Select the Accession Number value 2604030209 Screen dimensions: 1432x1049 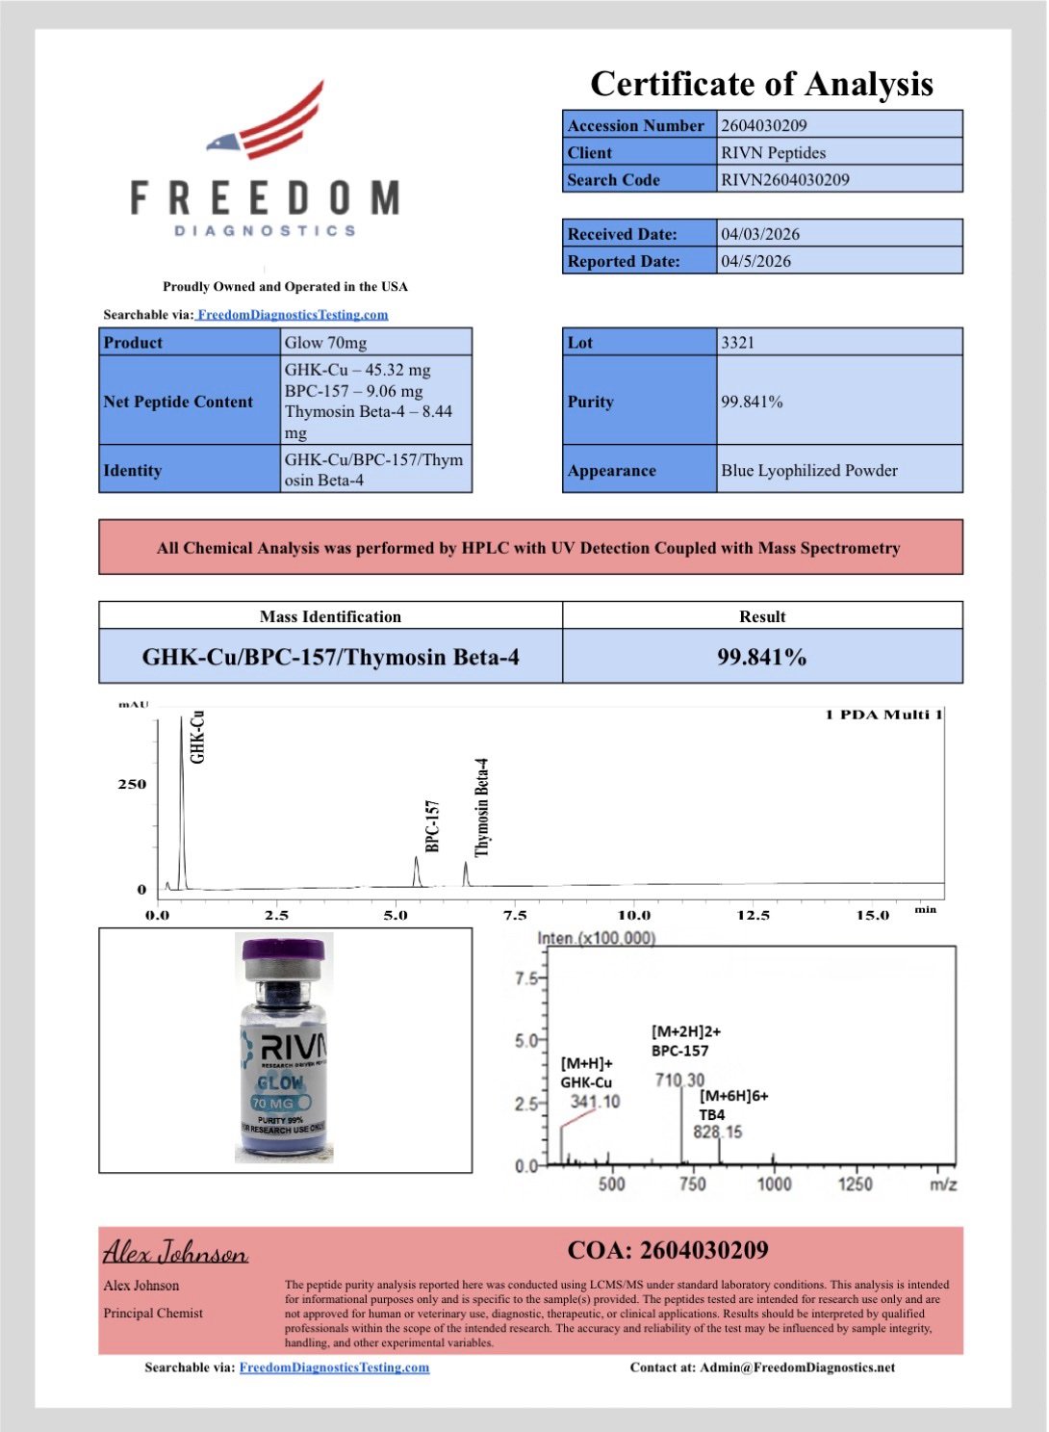(x=764, y=125)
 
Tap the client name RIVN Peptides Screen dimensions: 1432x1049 (x=773, y=152)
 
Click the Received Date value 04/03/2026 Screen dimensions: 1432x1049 (x=760, y=234)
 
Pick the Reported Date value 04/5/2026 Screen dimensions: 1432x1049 (x=755, y=261)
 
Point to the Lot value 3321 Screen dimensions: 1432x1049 (x=737, y=343)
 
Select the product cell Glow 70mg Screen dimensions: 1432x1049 (x=325, y=343)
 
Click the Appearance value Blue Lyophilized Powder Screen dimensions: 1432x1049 (x=808, y=470)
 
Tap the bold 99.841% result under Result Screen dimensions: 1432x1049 (x=761, y=657)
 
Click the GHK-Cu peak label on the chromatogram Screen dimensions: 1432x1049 (x=197, y=737)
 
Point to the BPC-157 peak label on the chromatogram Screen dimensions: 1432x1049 (x=432, y=825)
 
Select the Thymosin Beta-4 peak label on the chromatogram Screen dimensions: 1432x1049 (x=482, y=807)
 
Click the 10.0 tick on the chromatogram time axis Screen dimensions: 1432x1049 (x=633, y=915)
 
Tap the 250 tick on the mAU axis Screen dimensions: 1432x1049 (x=132, y=784)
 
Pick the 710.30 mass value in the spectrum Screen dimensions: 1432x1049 (x=679, y=1081)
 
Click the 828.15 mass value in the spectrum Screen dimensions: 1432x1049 (x=718, y=1132)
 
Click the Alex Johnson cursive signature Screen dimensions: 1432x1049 (x=175, y=1252)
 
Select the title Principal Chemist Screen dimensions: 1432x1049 (x=153, y=1313)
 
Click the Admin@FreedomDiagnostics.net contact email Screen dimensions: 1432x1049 (x=797, y=1367)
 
